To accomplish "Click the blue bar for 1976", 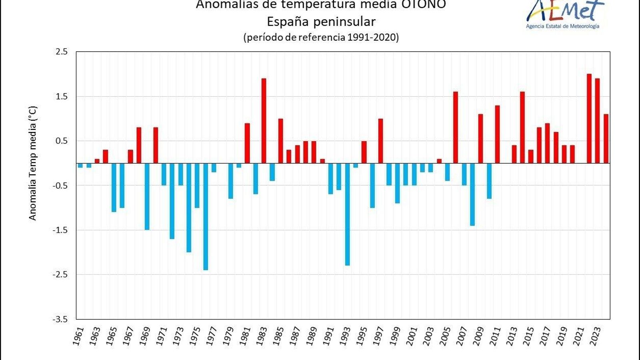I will coord(206,216).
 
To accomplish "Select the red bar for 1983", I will coord(264,120).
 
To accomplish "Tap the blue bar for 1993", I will coord(347,214).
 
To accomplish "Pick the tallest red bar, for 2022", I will coord(589,118).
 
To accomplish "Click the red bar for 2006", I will coord(456,127).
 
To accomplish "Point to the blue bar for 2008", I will coord(472,194).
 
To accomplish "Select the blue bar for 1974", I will coord(189,208).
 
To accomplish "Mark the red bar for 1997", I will coord(380,141).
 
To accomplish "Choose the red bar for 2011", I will coord(497,134).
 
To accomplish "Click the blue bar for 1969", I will coord(147,196).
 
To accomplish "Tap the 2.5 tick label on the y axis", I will coord(62,52).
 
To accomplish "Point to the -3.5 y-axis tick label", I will coord(60,319).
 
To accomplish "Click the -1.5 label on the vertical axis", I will coord(60,230).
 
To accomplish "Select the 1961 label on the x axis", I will coord(78,337).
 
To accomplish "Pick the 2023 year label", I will coord(596,337).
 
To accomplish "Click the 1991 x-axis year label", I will coord(329,337).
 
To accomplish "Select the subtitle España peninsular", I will coord(321,21).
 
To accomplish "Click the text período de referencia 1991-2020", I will coord(321,38).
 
